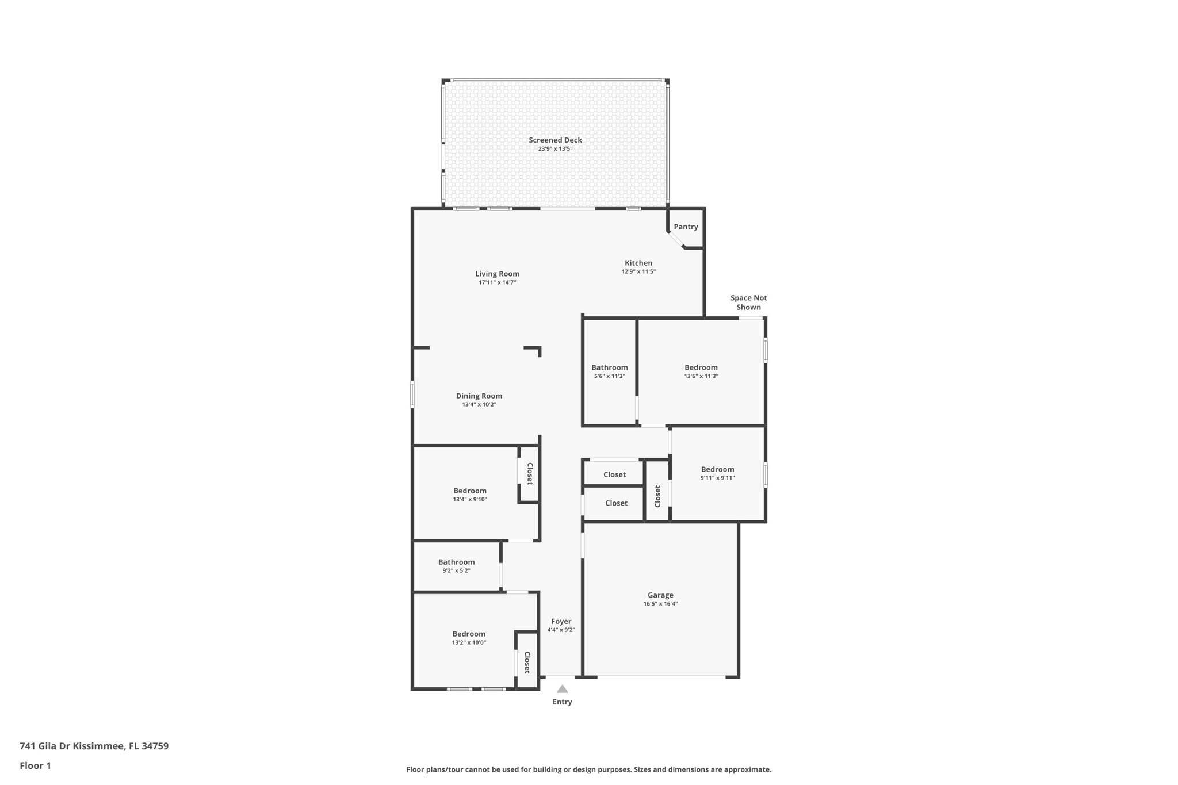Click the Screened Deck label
(x=555, y=140)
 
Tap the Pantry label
(x=686, y=227)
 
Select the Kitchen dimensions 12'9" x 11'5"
(x=638, y=271)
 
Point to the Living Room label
(x=497, y=274)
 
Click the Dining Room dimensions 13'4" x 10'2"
(x=479, y=405)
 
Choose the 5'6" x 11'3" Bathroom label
(x=610, y=367)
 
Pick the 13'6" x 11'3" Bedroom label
(x=701, y=367)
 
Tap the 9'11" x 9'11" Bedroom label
(x=717, y=469)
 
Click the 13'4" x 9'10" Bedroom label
(x=470, y=491)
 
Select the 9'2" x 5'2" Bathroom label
(x=457, y=562)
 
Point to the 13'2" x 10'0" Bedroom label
(x=469, y=634)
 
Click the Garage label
(x=660, y=595)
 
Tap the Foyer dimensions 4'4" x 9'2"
(x=561, y=630)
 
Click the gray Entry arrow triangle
(x=563, y=689)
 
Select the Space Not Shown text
(x=749, y=302)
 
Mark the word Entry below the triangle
(x=563, y=702)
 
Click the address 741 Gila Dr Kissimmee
(x=72, y=746)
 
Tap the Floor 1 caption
(x=35, y=766)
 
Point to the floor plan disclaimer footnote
(x=589, y=769)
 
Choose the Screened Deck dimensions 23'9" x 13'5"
(x=555, y=149)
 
